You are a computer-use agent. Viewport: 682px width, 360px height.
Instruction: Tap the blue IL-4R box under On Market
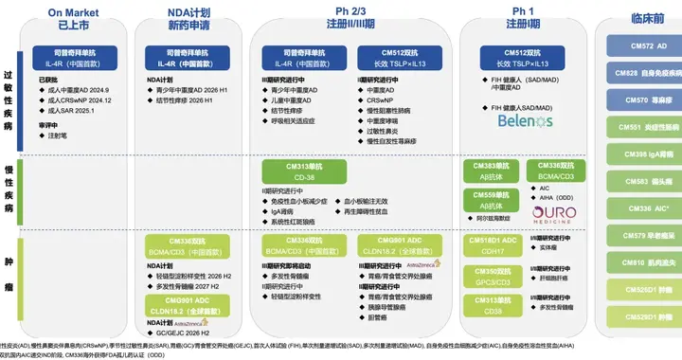point(74,58)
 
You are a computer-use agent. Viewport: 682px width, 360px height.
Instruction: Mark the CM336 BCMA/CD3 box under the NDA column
point(187,245)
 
